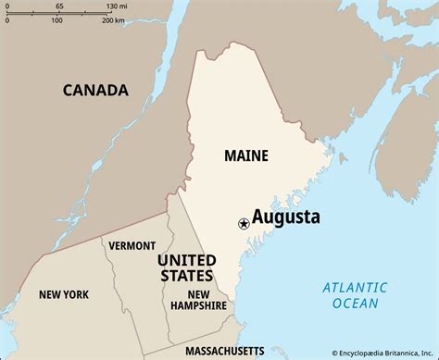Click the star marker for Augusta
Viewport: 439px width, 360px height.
[x=244, y=222]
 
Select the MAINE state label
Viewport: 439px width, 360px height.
[x=245, y=155]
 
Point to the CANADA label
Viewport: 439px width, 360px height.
[x=95, y=90]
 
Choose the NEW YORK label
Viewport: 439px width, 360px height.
[x=64, y=294]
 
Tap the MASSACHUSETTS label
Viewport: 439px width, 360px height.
[x=225, y=352]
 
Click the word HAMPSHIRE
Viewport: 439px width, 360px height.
[x=198, y=305]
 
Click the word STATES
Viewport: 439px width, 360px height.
[x=187, y=275]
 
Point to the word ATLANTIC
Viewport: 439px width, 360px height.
[x=354, y=288]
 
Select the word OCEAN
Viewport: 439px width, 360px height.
[x=354, y=303]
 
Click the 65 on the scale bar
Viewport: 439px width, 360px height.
[x=59, y=6]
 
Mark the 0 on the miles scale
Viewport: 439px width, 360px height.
[x=6, y=6]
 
